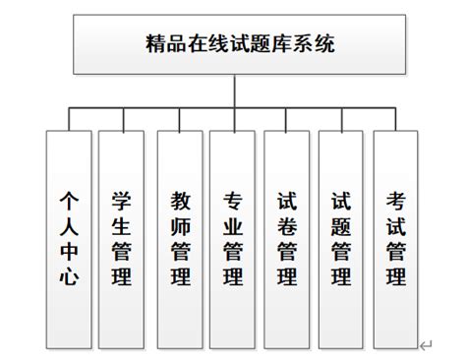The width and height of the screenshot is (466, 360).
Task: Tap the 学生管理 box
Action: pyautogui.click(x=122, y=235)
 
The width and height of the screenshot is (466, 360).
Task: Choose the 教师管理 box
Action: pyautogui.click(x=179, y=235)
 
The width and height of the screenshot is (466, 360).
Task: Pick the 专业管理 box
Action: pyautogui.click(x=233, y=235)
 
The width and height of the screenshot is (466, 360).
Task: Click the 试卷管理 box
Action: pyautogui.click(x=287, y=235)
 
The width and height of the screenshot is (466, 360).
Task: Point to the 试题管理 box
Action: pyautogui.click(x=341, y=235)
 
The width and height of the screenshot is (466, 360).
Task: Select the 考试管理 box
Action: pyautogui.click(x=395, y=235)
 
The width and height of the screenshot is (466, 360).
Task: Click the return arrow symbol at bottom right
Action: pyautogui.click(x=426, y=345)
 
